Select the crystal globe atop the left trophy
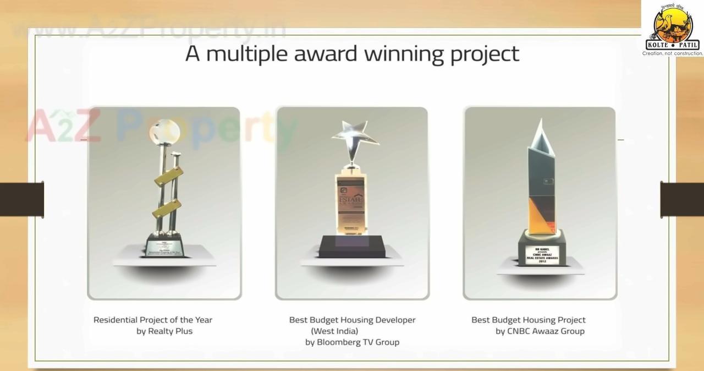(163, 132)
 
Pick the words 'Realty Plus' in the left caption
(170, 331)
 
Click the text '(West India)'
(334, 331)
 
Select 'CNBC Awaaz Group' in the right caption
(547, 331)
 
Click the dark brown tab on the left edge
(21, 199)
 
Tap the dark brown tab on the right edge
(682, 199)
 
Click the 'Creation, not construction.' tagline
(672, 53)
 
